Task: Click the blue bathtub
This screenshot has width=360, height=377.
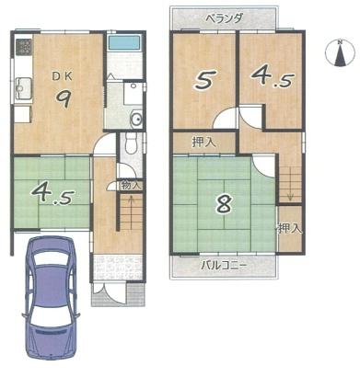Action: click(124, 42)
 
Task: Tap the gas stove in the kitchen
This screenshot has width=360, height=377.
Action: click(24, 47)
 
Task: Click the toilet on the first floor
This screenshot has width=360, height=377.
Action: click(131, 143)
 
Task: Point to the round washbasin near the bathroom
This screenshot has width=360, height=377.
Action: click(136, 118)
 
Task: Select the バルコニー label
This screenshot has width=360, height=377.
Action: click(224, 265)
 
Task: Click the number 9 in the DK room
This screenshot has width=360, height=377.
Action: click(64, 99)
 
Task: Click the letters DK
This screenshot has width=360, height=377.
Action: click(62, 76)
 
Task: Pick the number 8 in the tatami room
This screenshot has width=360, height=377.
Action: click(225, 204)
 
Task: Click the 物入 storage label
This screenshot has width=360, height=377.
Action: click(131, 185)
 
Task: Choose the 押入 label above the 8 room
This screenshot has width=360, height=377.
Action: click(204, 142)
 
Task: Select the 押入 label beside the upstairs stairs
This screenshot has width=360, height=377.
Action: click(290, 228)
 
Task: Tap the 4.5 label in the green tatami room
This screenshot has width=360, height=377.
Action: click(52, 194)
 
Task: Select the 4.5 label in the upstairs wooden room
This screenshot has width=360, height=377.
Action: click(272, 76)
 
